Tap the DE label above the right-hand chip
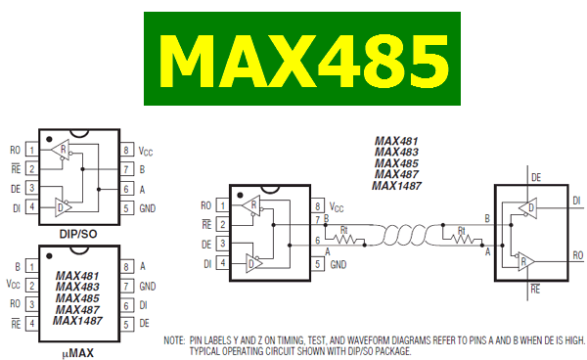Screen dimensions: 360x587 [x=535, y=177]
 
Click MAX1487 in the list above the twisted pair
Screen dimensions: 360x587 [x=398, y=186]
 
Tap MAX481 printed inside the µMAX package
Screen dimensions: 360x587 [x=79, y=276]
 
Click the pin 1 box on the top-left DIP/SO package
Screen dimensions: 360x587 [x=32, y=151]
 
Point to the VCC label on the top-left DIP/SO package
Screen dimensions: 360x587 [x=146, y=152]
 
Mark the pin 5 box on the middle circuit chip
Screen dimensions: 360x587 [x=317, y=264]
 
